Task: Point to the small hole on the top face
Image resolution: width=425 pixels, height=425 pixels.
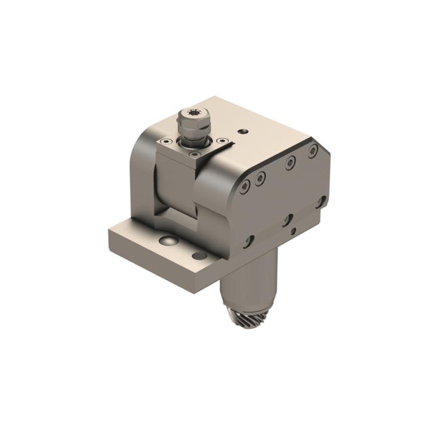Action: click(x=243, y=131)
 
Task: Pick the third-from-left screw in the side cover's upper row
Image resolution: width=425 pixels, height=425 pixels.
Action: click(x=291, y=162)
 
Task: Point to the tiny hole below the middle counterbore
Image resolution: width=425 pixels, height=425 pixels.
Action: click(x=293, y=231)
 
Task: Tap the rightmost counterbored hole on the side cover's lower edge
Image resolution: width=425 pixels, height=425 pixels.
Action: click(x=321, y=202)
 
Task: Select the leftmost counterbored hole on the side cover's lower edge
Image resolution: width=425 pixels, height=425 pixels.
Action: click(x=249, y=242)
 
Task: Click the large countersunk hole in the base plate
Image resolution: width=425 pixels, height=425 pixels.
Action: click(x=168, y=241)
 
